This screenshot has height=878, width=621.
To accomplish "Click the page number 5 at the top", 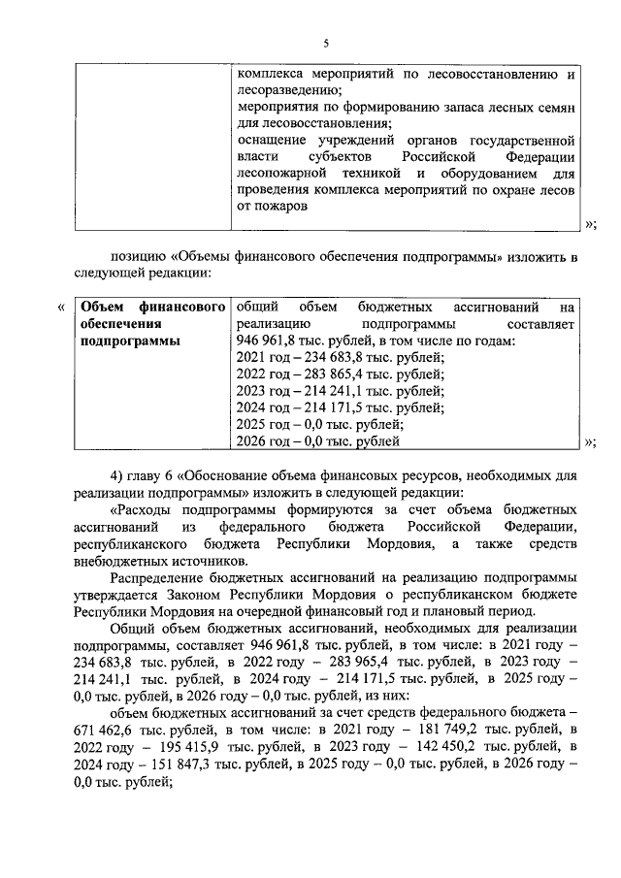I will click(326, 44).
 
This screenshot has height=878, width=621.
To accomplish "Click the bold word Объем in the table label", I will click(104, 307).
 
